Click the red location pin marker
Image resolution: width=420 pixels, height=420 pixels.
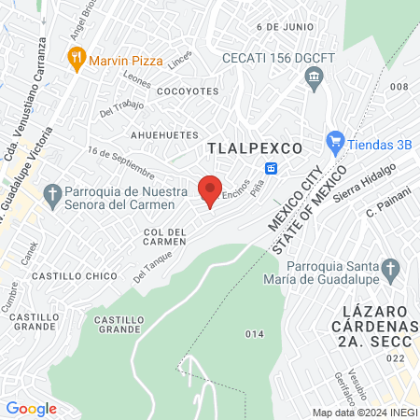coord(210,189)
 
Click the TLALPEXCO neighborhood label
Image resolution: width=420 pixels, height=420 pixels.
coord(255,148)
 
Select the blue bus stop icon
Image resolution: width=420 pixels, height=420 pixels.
coord(272,168)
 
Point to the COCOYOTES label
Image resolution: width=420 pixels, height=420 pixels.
coord(188,91)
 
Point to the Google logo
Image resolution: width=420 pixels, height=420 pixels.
coord(32,408)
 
